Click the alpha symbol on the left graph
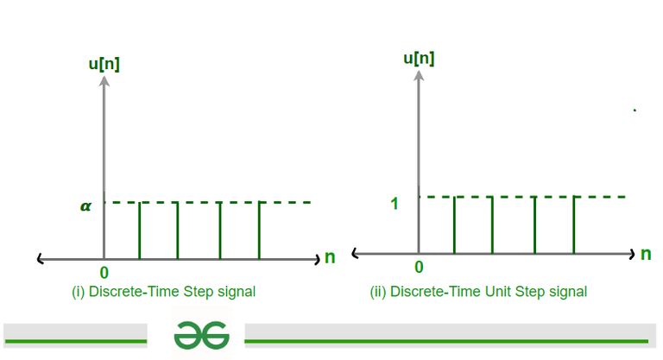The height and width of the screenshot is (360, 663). [x=85, y=206]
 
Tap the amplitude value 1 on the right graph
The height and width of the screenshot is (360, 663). [x=394, y=204]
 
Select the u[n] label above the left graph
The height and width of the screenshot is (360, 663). [x=104, y=64]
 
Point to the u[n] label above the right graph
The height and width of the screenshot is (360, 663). [x=419, y=59]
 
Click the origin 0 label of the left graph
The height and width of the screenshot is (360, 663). [x=104, y=273]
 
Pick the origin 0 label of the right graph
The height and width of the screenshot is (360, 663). [x=419, y=267]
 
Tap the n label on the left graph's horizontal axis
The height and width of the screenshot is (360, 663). [x=330, y=257]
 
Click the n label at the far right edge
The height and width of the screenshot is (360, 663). [x=646, y=254]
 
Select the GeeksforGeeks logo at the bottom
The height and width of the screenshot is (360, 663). [x=202, y=335]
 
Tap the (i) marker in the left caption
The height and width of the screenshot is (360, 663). [x=79, y=292]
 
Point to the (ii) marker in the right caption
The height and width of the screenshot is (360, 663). [x=378, y=292]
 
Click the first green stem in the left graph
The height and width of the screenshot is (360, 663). [x=140, y=231]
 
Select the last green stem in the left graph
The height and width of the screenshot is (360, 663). [x=259, y=231]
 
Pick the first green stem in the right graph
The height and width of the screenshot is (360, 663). [x=454, y=225]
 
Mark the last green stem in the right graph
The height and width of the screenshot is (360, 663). [x=574, y=225]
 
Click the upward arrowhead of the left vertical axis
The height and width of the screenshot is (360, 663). [x=104, y=80]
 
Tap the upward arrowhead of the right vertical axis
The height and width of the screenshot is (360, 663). [x=419, y=75]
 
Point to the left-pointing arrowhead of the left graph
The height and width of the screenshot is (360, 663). [x=41, y=259]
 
